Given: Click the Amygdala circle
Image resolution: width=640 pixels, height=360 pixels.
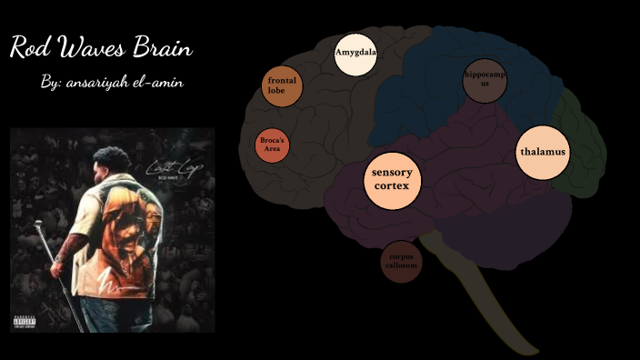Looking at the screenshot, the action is click(x=355, y=54).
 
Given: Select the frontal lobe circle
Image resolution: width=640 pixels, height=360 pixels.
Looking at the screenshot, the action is click(x=282, y=86).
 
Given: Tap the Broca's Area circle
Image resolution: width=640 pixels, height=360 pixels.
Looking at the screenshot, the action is click(x=272, y=145).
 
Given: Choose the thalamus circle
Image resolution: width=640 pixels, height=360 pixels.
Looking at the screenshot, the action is click(x=543, y=152).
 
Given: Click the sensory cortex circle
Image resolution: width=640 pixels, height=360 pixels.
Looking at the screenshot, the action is click(x=392, y=179).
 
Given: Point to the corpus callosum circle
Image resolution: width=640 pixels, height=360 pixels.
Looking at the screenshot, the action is click(x=401, y=262).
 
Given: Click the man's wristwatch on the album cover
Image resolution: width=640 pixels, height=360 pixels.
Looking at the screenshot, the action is click(x=61, y=259).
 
